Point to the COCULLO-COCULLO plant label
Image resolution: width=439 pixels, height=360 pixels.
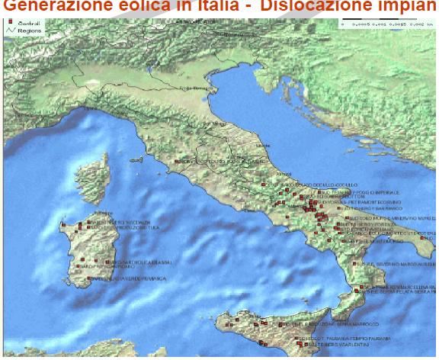pos(314,185)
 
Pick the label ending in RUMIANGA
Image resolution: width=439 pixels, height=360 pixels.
pos(130,279)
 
